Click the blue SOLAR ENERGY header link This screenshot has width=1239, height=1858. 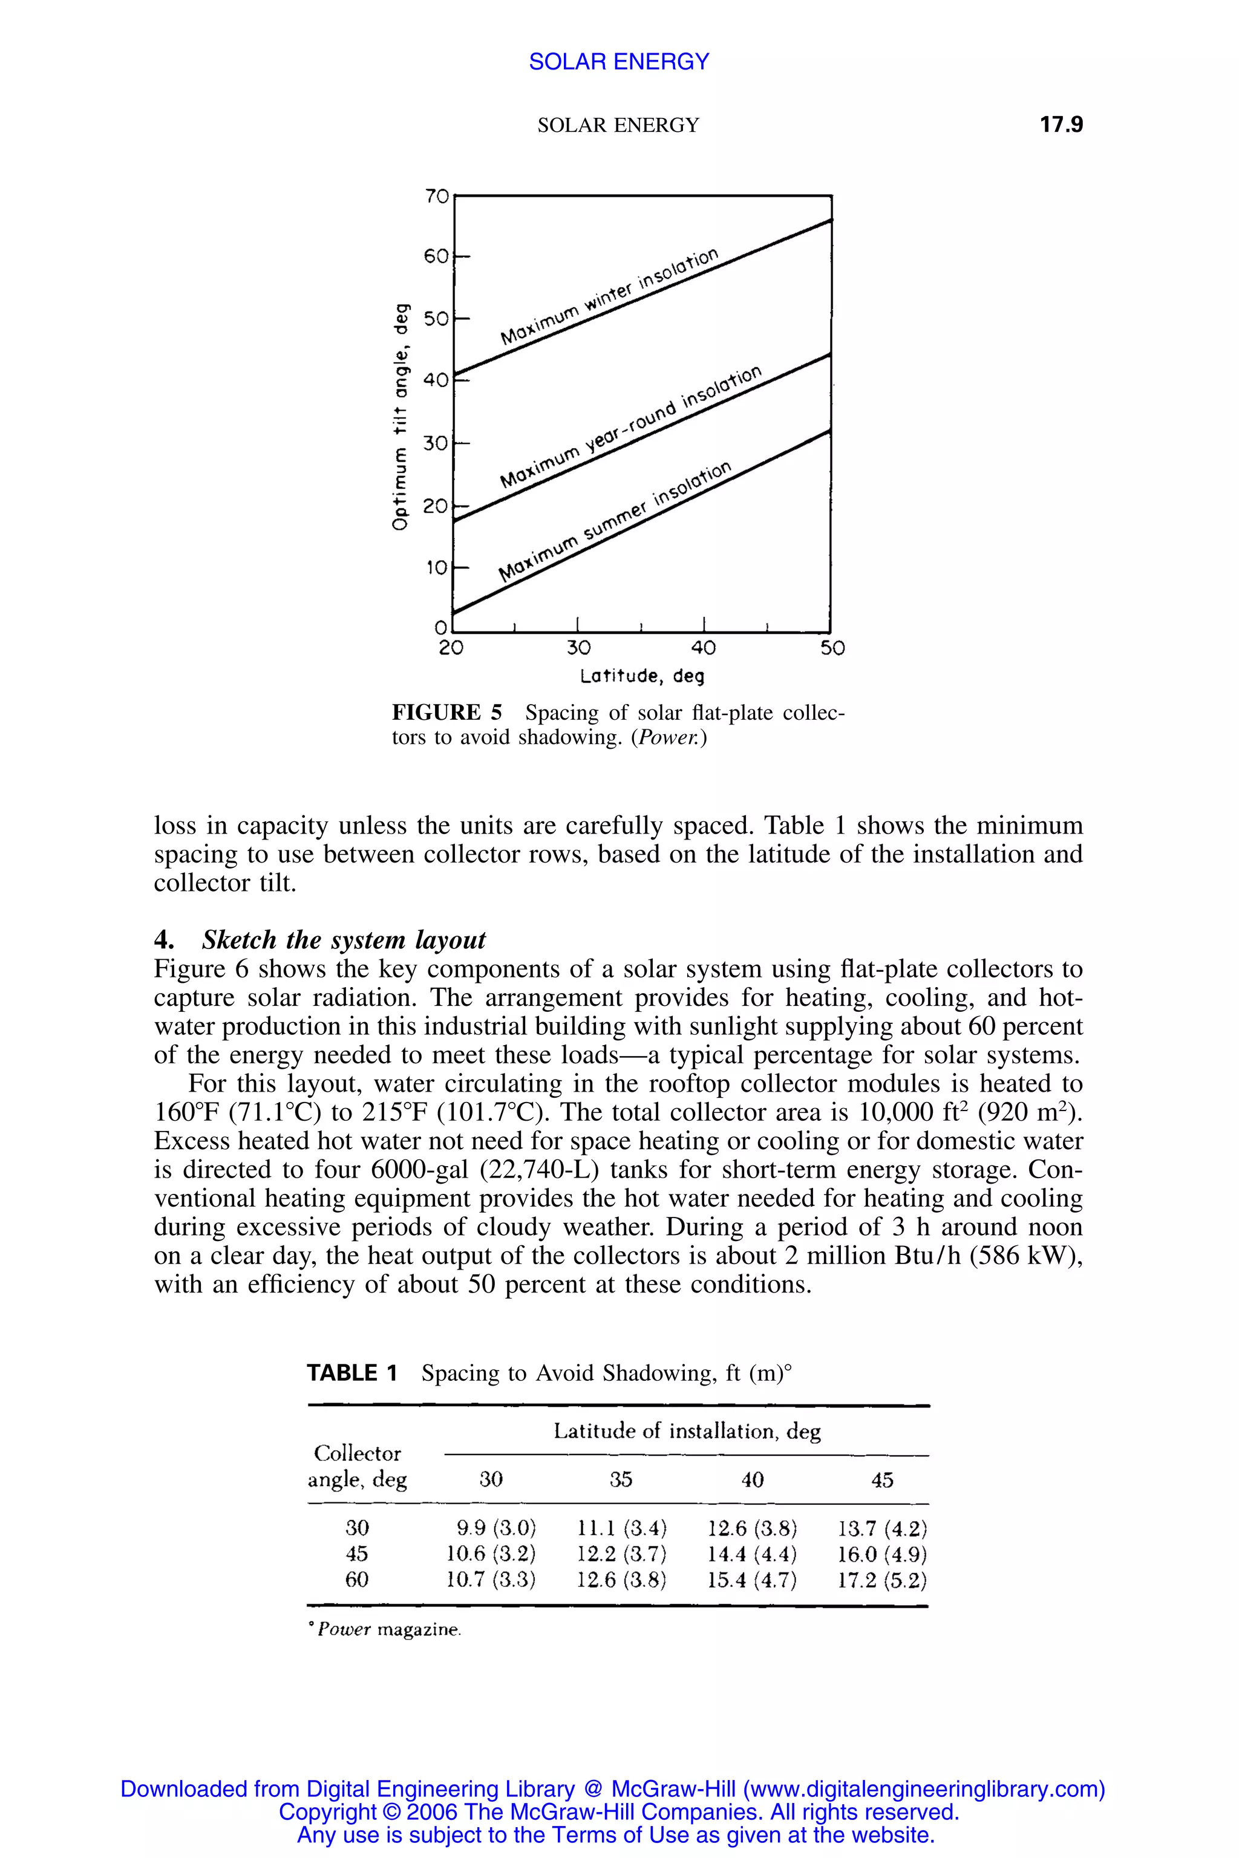(619, 62)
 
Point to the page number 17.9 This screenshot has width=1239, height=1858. (1061, 125)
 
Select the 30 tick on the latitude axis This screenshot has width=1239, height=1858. (578, 648)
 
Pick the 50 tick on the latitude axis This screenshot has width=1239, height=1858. (832, 648)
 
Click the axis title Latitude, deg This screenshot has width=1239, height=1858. (642, 677)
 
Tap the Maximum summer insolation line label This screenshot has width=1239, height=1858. (615, 521)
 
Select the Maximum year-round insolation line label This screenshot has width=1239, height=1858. (632, 428)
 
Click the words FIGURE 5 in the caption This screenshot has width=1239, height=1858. (446, 713)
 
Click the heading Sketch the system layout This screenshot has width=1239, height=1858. (344, 940)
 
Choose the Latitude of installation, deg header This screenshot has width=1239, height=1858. (686, 1432)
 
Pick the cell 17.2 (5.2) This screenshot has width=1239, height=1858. (882, 1580)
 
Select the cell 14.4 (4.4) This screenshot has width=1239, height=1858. (752, 1553)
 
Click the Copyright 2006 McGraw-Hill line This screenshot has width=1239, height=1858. (619, 1811)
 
